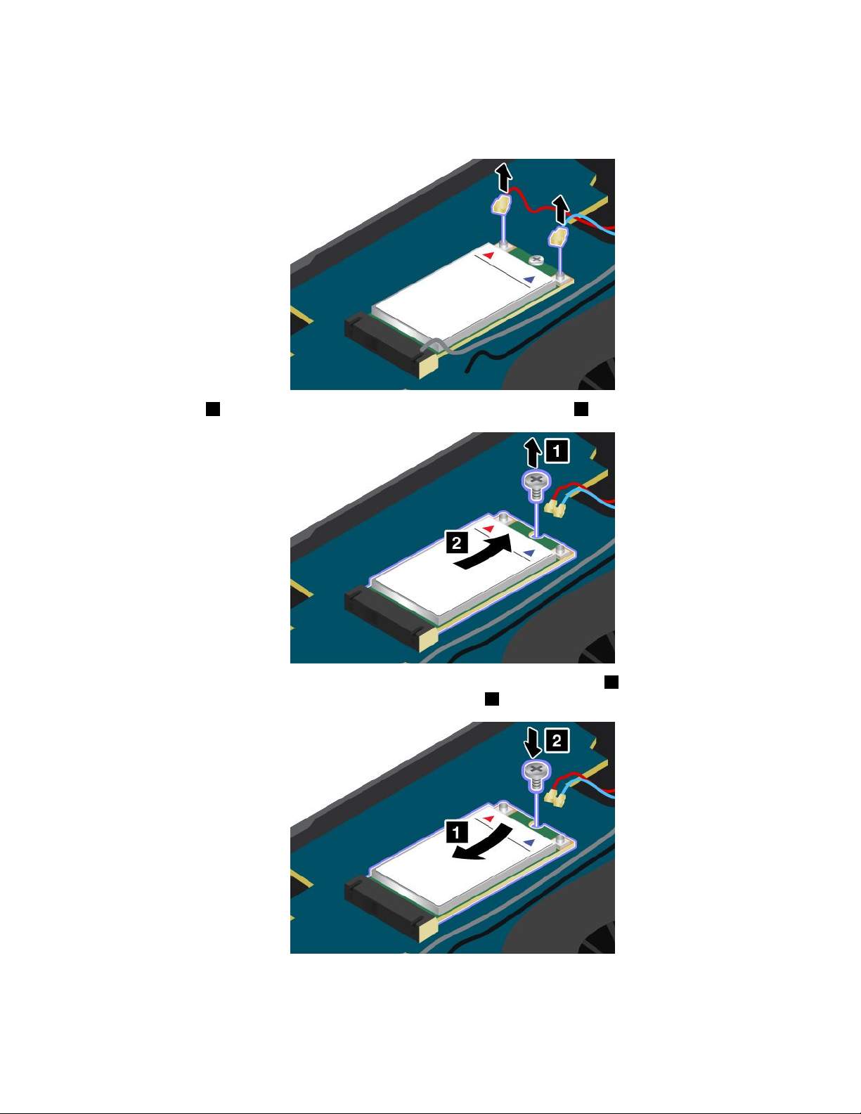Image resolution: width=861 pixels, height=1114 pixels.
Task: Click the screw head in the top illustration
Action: pos(536,261)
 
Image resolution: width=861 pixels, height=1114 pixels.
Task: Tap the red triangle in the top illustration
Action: pos(488,255)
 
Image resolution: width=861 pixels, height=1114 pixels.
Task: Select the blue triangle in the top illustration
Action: pos(529,280)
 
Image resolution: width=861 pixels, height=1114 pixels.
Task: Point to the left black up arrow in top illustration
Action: pos(505,177)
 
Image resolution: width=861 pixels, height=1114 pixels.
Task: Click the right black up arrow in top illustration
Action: pos(561,209)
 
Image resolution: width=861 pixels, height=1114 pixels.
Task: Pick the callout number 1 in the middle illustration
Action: pos(557,451)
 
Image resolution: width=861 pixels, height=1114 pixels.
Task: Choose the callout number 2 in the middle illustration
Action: pos(457,543)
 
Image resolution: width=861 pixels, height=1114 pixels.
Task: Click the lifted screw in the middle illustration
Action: pos(536,486)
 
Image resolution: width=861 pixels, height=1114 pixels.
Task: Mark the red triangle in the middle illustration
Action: pos(488,529)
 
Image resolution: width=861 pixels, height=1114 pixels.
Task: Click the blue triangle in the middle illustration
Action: pos(529,552)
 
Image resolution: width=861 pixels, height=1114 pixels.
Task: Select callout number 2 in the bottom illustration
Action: pos(557,741)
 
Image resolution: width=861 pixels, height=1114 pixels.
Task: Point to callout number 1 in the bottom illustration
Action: pos(457,832)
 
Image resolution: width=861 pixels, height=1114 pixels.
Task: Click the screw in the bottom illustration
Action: pos(536,776)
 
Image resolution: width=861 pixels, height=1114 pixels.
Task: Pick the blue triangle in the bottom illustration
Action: pos(529,842)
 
